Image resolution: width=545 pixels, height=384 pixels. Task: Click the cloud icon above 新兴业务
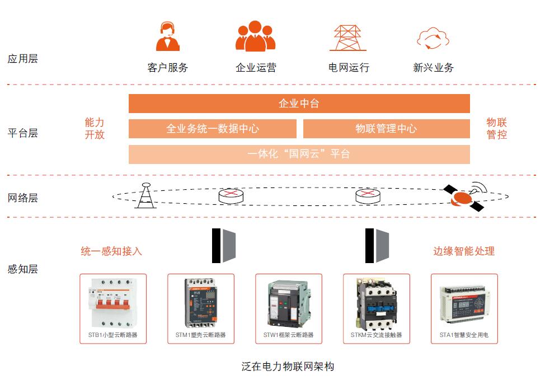(x=433, y=38)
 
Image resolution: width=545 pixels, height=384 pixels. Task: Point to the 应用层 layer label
(x=23, y=59)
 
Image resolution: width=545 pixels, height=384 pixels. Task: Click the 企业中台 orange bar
(x=299, y=104)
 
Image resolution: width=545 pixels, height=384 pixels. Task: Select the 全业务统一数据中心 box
(x=213, y=129)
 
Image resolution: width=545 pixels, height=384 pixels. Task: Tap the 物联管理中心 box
(x=386, y=129)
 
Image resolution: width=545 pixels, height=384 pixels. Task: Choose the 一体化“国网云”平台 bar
(x=299, y=154)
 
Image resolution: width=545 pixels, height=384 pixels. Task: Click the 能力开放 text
(x=95, y=128)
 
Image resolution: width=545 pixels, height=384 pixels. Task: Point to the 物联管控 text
(x=496, y=128)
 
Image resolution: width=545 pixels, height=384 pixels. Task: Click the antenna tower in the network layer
(x=145, y=196)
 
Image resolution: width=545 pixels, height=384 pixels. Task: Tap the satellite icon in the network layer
(x=464, y=196)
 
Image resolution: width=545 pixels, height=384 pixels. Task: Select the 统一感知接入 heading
(x=111, y=251)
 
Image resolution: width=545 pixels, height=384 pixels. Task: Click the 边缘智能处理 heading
(x=464, y=251)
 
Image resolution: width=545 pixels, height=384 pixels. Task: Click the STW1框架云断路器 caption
(x=288, y=335)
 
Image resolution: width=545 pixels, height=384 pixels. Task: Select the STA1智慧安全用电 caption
(x=464, y=335)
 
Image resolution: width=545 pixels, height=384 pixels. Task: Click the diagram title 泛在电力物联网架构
(x=288, y=367)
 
